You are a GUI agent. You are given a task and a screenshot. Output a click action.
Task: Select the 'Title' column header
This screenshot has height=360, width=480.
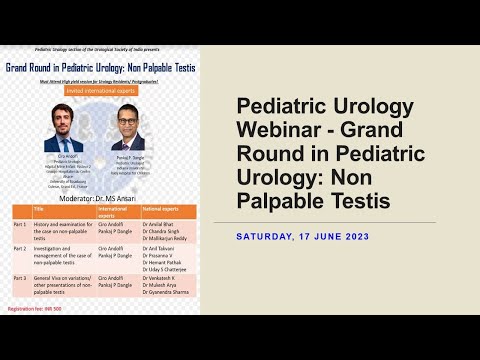(x=40, y=212)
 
